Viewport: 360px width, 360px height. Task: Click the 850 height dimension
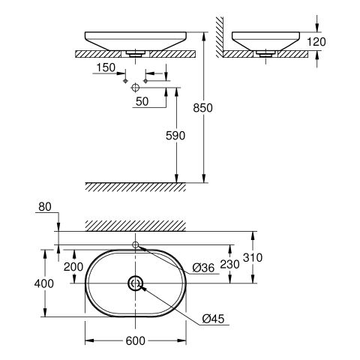(202, 108)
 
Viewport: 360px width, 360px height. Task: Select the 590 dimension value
(175, 136)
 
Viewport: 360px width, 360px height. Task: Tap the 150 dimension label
(106, 67)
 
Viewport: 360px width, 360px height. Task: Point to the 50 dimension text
(142, 101)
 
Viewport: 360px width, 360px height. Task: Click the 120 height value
(316, 42)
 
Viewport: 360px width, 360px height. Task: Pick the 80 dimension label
(45, 207)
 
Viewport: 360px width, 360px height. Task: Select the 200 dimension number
(73, 267)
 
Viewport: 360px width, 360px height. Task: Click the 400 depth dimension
(44, 283)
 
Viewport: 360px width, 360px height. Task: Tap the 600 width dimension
(135, 340)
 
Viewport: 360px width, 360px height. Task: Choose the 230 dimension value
(229, 264)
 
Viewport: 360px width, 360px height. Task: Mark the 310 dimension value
(253, 257)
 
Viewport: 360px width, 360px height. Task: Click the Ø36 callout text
(203, 268)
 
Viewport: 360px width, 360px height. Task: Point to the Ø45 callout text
(213, 319)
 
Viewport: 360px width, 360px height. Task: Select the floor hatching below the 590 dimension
(135, 187)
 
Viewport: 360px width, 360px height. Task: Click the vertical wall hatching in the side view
(220, 37)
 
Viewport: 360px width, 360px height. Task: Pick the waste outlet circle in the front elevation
(135, 88)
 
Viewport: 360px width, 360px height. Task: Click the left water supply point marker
(125, 81)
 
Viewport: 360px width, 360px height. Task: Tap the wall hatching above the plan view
(136, 226)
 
